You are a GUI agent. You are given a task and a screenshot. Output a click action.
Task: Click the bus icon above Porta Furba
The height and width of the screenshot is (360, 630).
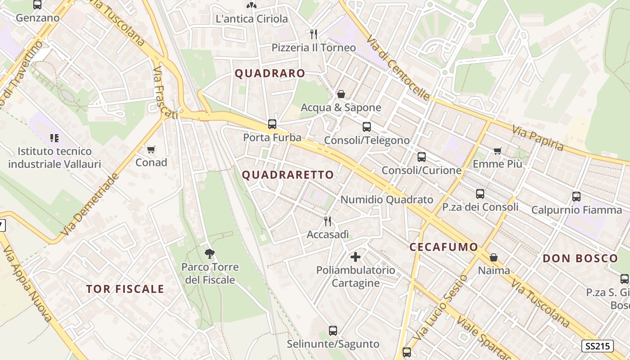coord(272,124)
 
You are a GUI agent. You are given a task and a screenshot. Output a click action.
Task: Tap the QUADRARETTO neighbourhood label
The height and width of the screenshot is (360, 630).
coord(288,175)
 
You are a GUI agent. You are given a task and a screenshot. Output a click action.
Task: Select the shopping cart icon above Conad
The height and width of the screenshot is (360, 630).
coord(151,149)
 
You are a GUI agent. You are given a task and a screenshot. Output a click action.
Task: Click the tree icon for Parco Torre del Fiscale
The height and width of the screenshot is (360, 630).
coord(209,254)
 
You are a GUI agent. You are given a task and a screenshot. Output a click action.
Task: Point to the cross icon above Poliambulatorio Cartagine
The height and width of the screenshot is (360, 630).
coord(355,257)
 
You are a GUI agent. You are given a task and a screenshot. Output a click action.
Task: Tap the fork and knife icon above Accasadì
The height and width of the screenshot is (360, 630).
coord(328,221)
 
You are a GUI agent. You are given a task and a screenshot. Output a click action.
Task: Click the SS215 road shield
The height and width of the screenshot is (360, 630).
coord(598,346)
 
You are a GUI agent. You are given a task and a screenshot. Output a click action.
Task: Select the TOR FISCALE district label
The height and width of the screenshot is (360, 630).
coord(125,289)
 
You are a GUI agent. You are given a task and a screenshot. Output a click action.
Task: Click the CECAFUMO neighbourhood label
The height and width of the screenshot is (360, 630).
coord(444,247)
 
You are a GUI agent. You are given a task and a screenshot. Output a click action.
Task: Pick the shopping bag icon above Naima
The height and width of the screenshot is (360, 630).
coord(494,257)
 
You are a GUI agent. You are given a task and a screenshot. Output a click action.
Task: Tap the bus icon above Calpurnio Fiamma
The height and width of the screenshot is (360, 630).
coord(576,197)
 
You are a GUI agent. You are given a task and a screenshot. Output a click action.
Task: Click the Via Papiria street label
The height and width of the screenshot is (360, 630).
coord(538,138)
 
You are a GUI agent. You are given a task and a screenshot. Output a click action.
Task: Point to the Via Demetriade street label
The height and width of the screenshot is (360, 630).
coord(90,205)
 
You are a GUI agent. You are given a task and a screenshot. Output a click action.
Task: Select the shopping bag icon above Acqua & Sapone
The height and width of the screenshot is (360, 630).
coord(341,94)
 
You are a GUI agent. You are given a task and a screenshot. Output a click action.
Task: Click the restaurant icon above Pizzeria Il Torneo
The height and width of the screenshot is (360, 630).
coord(314,34)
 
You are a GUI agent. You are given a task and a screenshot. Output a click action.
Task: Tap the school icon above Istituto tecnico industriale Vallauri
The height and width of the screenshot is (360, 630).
coord(54,138)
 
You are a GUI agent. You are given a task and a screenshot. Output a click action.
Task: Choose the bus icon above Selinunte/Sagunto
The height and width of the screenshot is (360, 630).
coord(333,331)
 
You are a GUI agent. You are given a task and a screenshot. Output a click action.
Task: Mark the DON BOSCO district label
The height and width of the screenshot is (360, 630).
coord(580,258)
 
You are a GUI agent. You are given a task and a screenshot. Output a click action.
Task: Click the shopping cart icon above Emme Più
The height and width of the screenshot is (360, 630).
coord(497,151)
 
